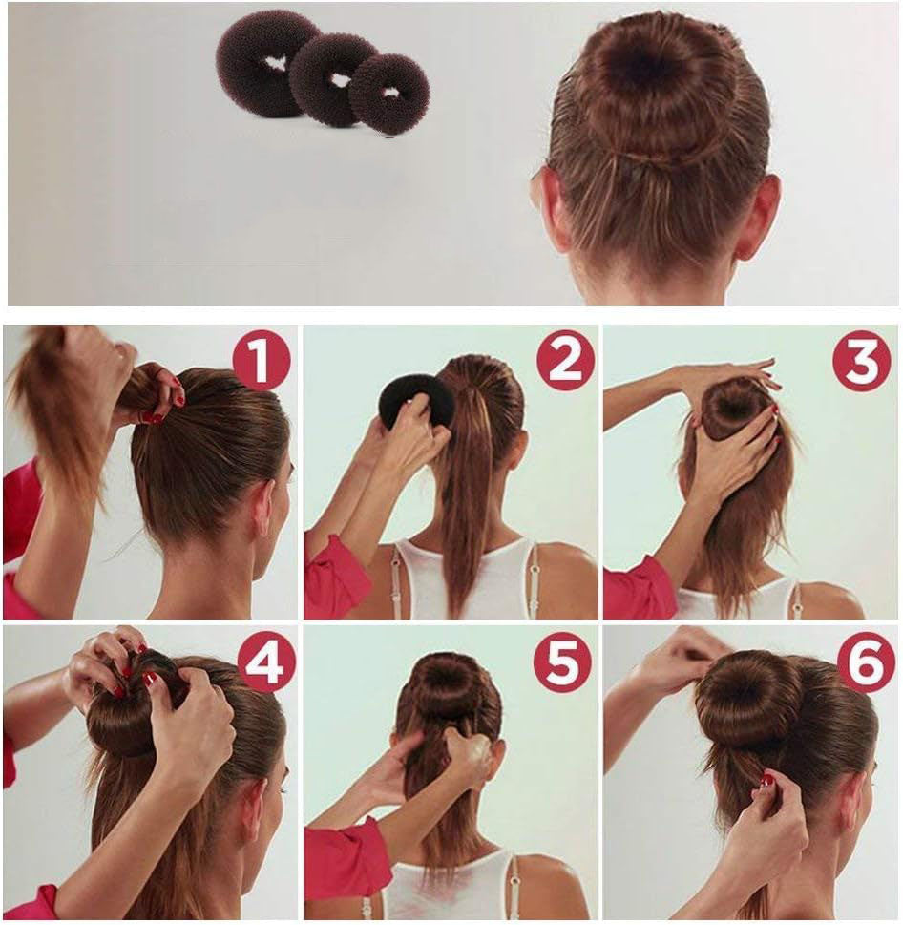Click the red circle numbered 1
point(262,361)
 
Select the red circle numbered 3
point(862,361)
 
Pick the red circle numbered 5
point(562,662)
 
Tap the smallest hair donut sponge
point(390,94)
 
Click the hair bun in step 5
point(450,687)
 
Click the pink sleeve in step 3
point(637,589)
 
